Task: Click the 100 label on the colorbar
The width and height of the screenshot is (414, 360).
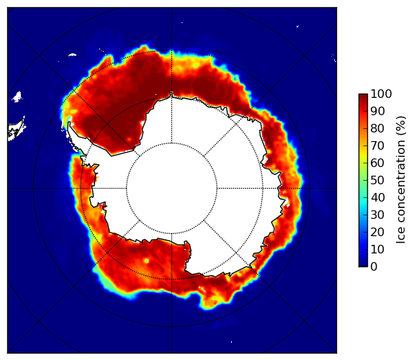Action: coord(381,94)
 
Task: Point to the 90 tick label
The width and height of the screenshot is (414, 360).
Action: coord(377,111)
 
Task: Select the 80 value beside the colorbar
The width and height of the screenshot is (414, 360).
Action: coord(377,129)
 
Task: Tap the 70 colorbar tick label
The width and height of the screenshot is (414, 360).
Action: coord(377,145)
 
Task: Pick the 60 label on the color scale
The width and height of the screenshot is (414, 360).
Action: coord(377,163)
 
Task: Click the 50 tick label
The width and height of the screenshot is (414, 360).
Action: coord(377,181)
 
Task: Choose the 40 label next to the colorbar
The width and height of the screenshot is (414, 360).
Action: coord(377,197)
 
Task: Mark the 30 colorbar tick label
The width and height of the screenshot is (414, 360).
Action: coord(377,215)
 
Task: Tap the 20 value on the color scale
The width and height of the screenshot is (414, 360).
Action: coord(377,232)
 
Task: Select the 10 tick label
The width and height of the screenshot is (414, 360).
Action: coord(377,249)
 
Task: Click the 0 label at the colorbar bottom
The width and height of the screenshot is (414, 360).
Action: coord(374,267)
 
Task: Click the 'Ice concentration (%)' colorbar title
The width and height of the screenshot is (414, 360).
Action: coord(401,180)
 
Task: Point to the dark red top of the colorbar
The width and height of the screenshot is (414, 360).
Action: coord(363,96)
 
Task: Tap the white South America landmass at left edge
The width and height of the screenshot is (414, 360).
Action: coord(17,130)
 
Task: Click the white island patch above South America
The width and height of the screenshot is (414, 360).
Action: coord(17,96)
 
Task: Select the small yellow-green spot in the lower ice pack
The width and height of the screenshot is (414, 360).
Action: coord(146,261)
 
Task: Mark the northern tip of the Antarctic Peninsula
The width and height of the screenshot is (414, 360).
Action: coord(69,123)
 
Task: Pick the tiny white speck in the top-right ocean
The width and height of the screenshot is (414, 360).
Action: coord(297,26)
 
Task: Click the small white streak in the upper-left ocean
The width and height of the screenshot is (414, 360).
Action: coord(72,55)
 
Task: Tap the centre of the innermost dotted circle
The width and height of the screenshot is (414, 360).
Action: coord(171,189)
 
